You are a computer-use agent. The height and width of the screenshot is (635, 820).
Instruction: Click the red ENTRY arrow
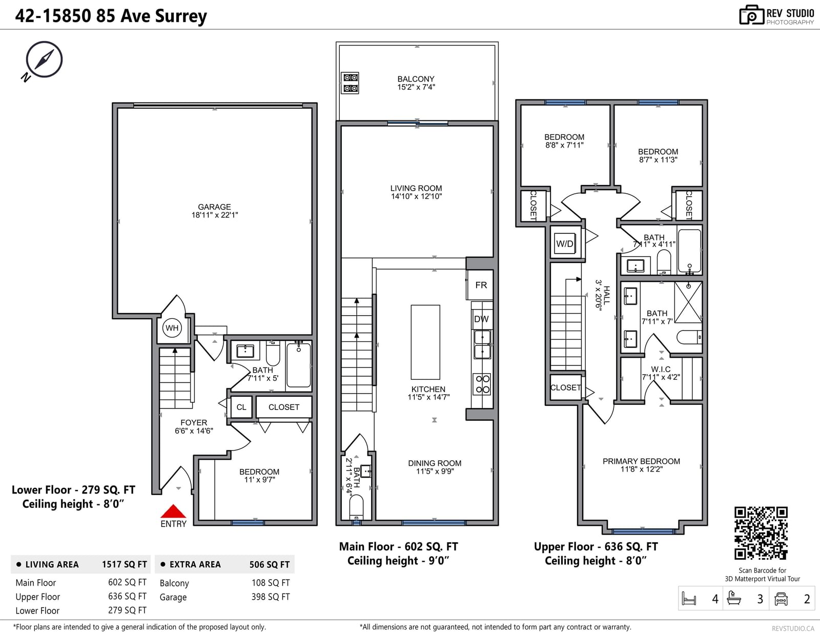(x=173, y=511)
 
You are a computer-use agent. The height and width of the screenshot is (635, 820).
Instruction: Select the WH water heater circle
(x=172, y=328)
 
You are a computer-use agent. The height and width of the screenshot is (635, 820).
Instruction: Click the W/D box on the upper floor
(x=565, y=244)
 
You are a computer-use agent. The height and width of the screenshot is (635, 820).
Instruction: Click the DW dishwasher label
(x=481, y=319)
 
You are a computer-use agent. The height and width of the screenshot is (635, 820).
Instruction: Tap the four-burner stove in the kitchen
(x=482, y=384)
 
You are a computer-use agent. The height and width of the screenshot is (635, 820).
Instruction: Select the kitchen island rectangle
(x=425, y=342)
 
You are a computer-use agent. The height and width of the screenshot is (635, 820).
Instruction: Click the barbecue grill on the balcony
(x=350, y=83)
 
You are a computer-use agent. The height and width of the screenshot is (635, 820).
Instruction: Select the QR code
(x=761, y=533)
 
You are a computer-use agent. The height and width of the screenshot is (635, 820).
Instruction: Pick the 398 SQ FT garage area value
(x=271, y=597)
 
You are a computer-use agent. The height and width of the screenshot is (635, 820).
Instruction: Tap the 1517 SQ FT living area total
(x=124, y=564)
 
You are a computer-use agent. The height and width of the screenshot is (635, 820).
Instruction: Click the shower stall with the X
(x=688, y=302)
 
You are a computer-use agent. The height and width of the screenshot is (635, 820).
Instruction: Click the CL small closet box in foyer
(x=241, y=407)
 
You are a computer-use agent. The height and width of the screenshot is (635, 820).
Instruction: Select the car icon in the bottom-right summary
(x=781, y=599)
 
